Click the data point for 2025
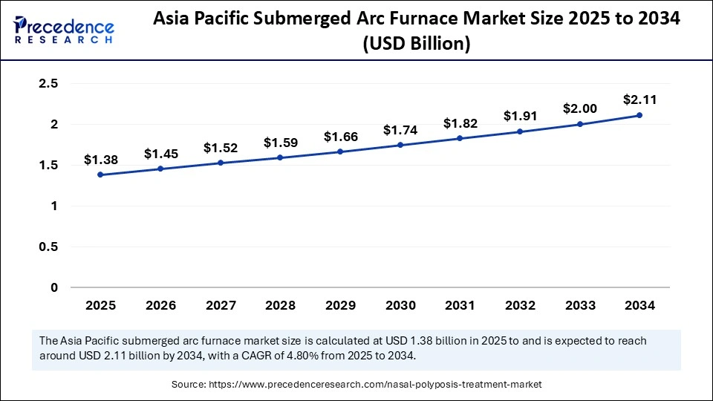pyautogui.click(x=100, y=175)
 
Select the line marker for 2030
pyautogui.click(x=400, y=145)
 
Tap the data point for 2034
pyautogui.click(x=639, y=115)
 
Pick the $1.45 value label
pyautogui.click(x=160, y=154)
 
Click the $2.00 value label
pyautogui.click(x=579, y=108)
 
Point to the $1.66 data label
pyautogui.click(x=340, y=137)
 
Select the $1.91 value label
pyautogui.click(x=519, y=116)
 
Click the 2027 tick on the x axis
pyautogui.click(x=220, y=305)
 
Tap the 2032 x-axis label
pyautogui.click(x=520, y=305)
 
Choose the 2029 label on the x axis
pyautogui.click(x=340, y=305)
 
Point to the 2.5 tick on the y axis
pyautogui.click(x=49, y=84)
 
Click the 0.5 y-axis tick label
pyautogui.click(x=49, y=247)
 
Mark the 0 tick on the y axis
pyautogui.click(x=54, y=287)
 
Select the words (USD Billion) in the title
pyautogui.click(x=416, y=44)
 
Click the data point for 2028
pyautogui.click(x=280, y=157)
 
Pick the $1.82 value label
pyautogui.click(x=460, y=123)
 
